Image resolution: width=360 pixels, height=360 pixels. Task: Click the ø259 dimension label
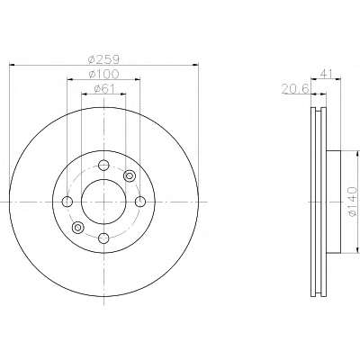pyautogui.click(x=103, y=59)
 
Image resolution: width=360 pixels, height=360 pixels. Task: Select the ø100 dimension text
pyautogui.click(x=103, y=74)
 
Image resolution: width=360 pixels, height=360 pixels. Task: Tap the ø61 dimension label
pyautogui.click(x=104, y=89)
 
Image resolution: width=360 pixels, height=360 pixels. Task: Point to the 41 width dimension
pyautogui.click(x=326, y=73)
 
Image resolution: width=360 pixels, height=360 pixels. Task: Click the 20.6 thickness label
pyautogui.click(x=295, y=89)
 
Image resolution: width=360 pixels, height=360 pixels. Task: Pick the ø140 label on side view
pyautogui.click(x=353, y=202)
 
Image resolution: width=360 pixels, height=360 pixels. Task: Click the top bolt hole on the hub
pyautogui.click(x=103, y=165)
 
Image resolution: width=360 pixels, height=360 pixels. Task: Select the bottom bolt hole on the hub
pyautogui.click(x=103, y=238)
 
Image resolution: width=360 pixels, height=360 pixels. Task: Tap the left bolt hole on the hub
pyautogui.click(x=67, y=202)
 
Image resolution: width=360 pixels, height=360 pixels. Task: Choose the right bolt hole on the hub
pyautogui.click(x=140, y=202)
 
